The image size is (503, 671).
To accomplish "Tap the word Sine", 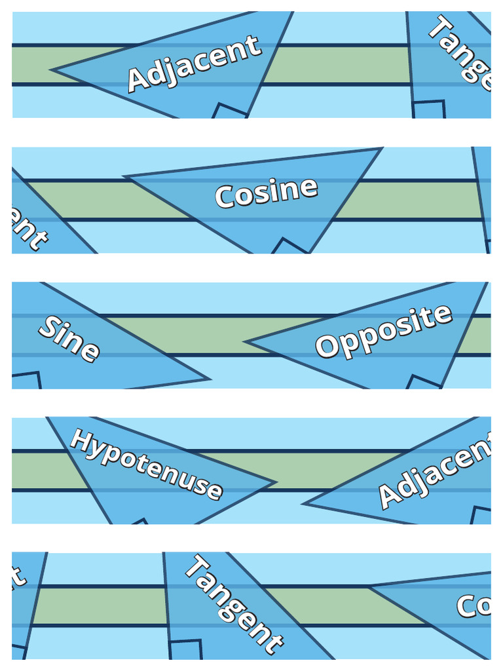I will click(x=69, y=338).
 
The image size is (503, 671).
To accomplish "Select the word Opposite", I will click(x=383, y=331).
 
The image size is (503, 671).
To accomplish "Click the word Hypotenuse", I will click(x=146, y=463).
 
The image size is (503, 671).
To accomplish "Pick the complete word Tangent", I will click(x=233, y=604).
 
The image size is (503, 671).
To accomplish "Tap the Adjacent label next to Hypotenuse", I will click(x=436, y=473).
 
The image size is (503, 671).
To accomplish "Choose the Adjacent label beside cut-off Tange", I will click(x=194, y=64).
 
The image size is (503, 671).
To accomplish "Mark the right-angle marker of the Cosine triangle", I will click(x=289, y=247).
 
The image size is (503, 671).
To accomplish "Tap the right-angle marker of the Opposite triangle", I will click(x=423, y=382).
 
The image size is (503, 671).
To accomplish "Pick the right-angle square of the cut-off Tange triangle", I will click(x=429, y=109).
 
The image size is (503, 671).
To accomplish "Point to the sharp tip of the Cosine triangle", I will click(x=125, y=177).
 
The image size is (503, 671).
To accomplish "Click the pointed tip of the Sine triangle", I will click(x=209, y=378).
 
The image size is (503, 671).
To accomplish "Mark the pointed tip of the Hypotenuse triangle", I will click(x=275, y=484).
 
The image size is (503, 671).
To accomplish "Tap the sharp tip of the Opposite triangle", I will click(x=246, y=341).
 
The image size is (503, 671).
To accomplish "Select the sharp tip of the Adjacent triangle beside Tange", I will click(x=52, y=69).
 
